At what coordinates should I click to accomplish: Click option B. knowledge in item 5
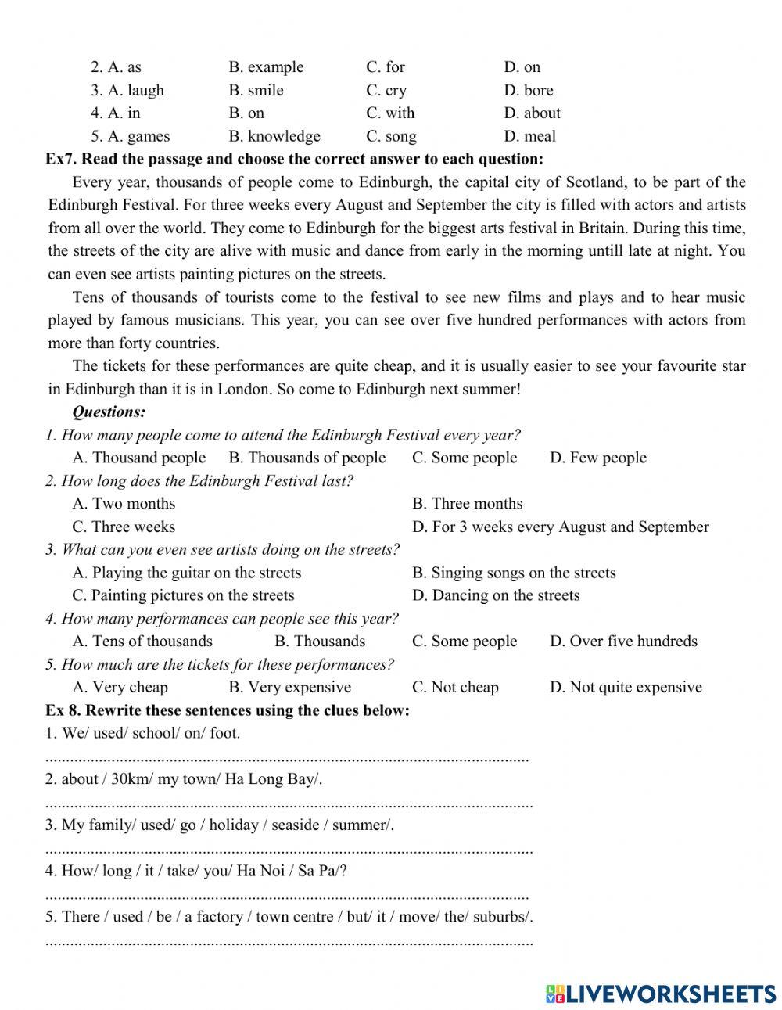(x=274, y=136)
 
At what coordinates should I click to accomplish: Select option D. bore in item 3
(x=528, y=90)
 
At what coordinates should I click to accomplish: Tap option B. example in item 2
(x=266, y=67)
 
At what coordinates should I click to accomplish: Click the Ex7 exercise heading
(x=294, y=160)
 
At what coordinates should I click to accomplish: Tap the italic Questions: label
(x=109, y=412)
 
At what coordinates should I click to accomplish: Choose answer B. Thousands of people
(x=307, y=458)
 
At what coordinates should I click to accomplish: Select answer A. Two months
(x=124, y=503)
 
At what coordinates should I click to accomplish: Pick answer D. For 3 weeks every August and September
(x=560, y=527)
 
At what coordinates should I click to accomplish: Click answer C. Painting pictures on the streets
(x=184, y=595)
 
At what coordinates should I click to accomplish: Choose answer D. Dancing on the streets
(x=496, y=595)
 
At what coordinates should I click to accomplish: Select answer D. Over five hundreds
(x=623, y=642)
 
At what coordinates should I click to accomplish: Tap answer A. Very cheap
(x=120, y=688)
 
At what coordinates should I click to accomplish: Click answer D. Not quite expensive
(x=626, y=688)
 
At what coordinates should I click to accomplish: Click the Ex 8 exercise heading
(x=228, y=710)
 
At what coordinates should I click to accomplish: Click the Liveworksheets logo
(x=661, y=994)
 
